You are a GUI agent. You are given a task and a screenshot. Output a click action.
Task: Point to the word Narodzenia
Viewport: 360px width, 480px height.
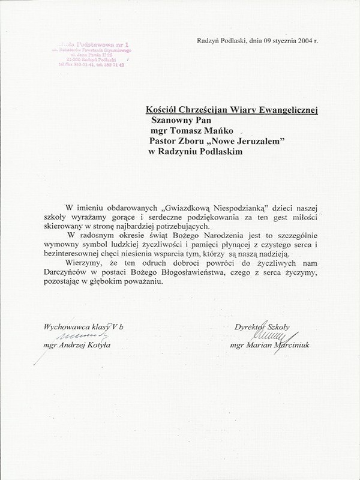pyautogui.click(x=222, y=237)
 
